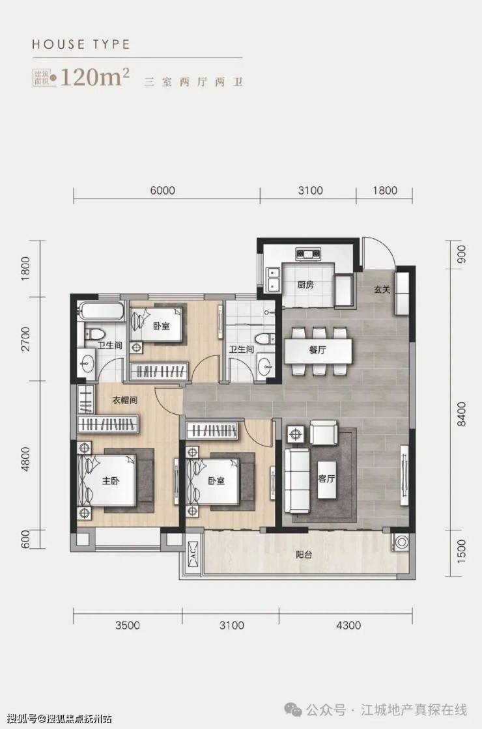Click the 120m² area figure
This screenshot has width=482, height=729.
94,77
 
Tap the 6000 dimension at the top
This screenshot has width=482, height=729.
163,190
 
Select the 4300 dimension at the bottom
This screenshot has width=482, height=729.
348,626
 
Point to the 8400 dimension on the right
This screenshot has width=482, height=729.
461,415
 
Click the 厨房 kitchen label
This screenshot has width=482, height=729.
305,284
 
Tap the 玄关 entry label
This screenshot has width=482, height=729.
382,289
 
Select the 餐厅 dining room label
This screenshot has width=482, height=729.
317,350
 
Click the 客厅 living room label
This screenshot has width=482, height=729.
326,478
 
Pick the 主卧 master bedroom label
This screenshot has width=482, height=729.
111,481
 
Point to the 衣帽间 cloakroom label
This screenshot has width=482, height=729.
124,400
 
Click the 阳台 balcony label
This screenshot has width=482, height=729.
304,555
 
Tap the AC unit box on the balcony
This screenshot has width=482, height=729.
191,555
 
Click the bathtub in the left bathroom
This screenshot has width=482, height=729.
102,311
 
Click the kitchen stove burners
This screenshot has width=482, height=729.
309,254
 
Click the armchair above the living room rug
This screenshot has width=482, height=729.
323,433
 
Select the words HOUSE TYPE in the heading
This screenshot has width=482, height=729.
81,45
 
